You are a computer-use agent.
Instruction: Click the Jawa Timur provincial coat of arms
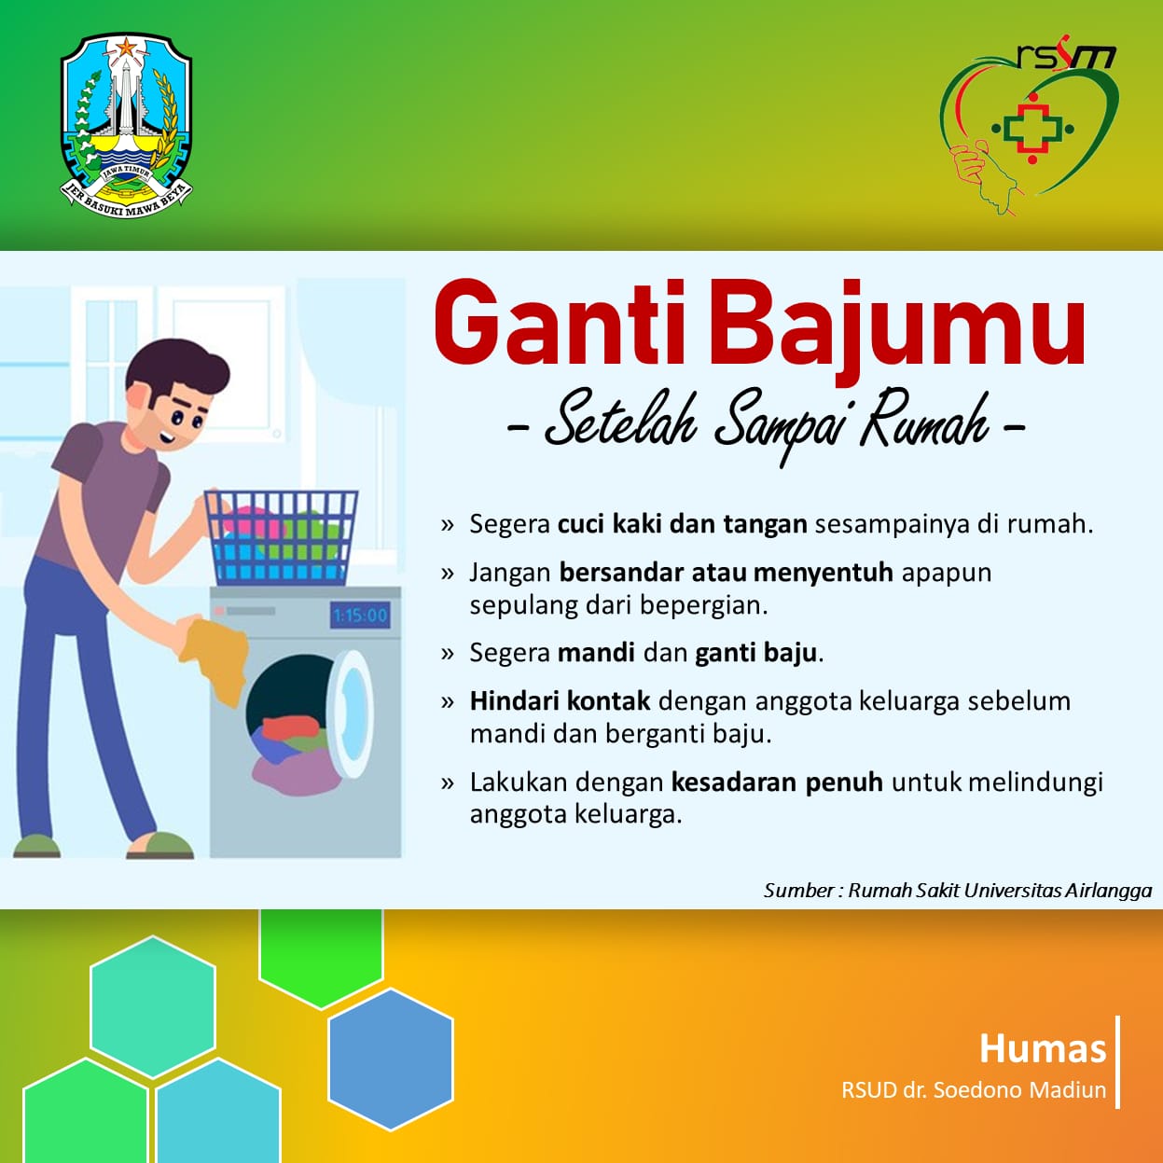(126, 126)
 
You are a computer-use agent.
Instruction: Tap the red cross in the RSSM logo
(1031, 128)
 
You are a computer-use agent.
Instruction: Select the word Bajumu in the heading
(897, 331)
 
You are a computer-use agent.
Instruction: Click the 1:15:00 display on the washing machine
(360, 615)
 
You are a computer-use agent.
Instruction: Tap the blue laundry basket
(282, 537)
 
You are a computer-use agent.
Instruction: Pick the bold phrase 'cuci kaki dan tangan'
(682, 524)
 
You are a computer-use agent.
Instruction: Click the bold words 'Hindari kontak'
(561, 700)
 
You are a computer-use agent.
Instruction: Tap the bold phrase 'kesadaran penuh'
(777, 782)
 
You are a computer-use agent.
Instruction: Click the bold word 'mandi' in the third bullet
(596, 653)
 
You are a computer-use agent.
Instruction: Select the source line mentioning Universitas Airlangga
(958, 891)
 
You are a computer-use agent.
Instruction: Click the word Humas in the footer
(1043, 1048)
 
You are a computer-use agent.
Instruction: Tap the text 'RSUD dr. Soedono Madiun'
(974, 1090)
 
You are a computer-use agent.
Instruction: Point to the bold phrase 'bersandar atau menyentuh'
(726, 572)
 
